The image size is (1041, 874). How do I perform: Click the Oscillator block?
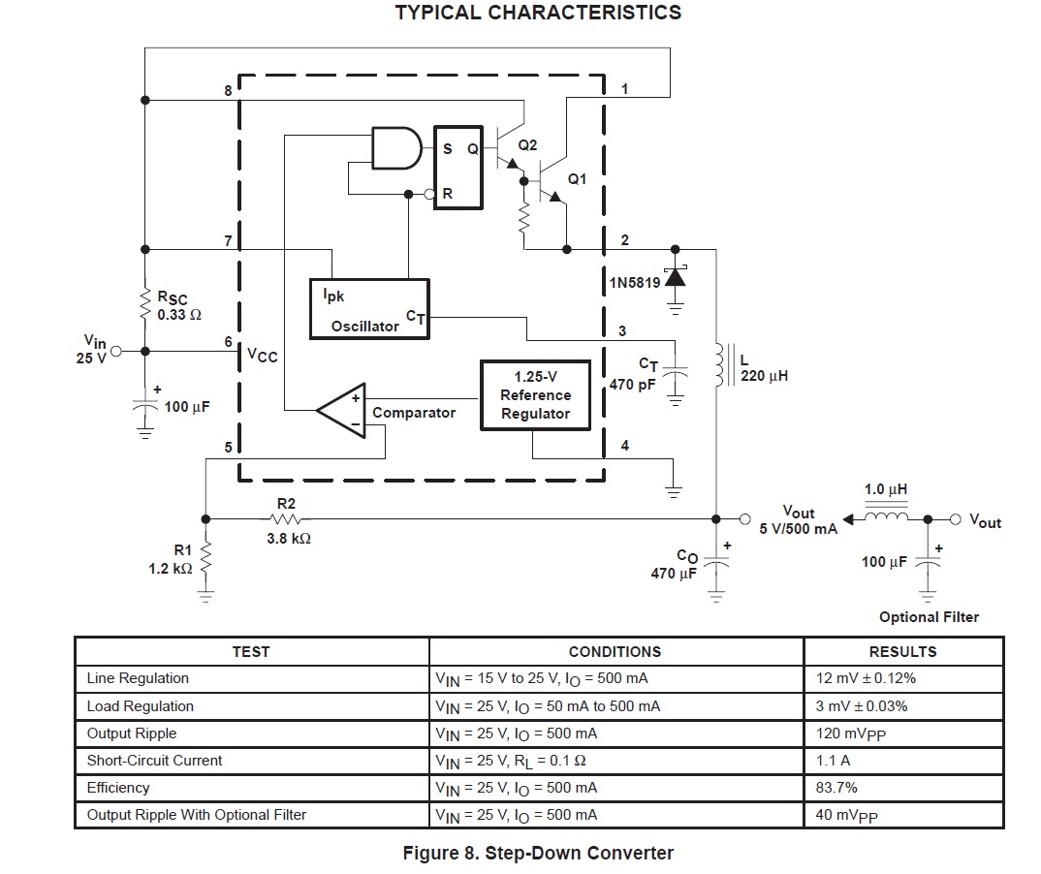(368, 309)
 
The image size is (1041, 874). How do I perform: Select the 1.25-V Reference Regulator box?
(535, 395)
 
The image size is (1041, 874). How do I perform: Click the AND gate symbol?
(396, 149)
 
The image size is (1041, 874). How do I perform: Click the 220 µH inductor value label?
(765, 375)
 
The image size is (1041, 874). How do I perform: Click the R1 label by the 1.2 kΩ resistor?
(183, 550)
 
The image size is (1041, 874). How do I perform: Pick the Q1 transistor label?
(577, 179)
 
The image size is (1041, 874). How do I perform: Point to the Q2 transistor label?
(527, 144)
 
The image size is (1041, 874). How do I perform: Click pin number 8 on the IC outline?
(228, 90)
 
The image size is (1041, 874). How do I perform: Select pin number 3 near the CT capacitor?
(622, 330)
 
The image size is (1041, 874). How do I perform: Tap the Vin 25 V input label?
(94, 350)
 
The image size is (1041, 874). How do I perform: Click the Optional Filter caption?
(929, 617)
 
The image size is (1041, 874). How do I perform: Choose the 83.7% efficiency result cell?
(836, 788)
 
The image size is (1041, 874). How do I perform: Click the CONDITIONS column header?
(615, 652)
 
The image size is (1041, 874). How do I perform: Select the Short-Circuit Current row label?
(154, 761)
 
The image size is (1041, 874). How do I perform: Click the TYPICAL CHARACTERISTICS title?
(538, 14)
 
